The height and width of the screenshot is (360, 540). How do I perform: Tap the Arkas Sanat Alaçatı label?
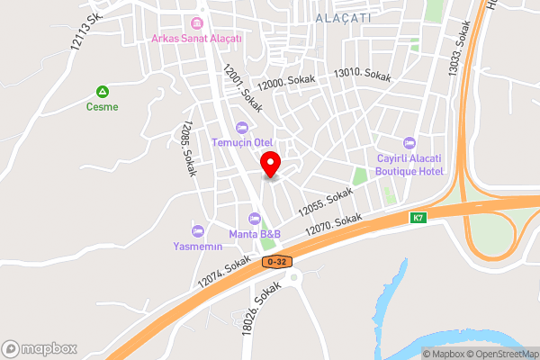coord(197,38)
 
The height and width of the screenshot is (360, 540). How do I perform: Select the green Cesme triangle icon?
coord(103,91)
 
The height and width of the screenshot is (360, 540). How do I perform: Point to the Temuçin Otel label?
coord(242,142)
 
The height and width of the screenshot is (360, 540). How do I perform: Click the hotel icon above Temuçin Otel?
coord(241,127)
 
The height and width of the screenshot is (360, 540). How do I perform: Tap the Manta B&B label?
coord(255,234)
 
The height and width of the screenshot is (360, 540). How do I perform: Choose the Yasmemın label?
coord(198,246)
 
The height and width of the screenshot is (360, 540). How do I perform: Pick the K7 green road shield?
coord(418,218)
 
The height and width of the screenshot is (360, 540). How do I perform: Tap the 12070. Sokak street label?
coord(333,225)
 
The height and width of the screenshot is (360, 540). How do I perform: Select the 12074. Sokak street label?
coord(224,270)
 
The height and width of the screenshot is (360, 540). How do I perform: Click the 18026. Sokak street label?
coord(262,308)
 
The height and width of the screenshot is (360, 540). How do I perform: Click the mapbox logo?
coord(40,348)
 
